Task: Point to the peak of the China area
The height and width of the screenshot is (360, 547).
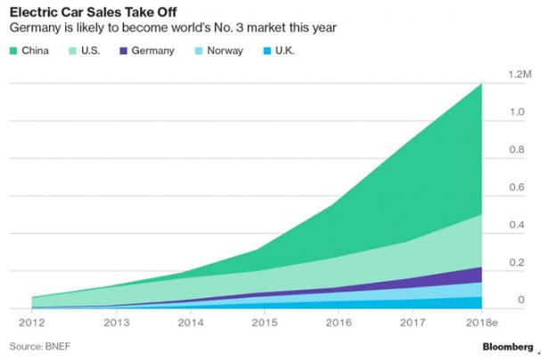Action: (x=480, y=85)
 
